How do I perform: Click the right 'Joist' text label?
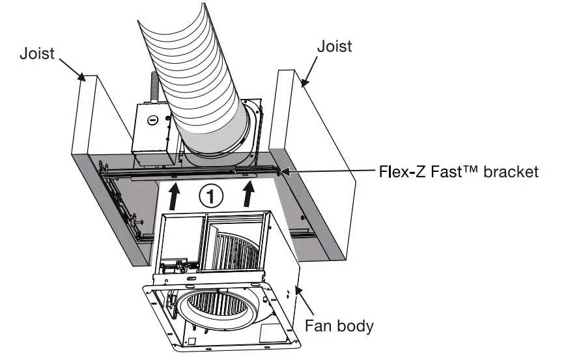334,46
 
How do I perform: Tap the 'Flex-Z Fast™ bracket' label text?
459,172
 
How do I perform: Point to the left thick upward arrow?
174,195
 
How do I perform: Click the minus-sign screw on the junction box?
152,120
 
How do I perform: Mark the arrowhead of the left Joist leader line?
83,77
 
